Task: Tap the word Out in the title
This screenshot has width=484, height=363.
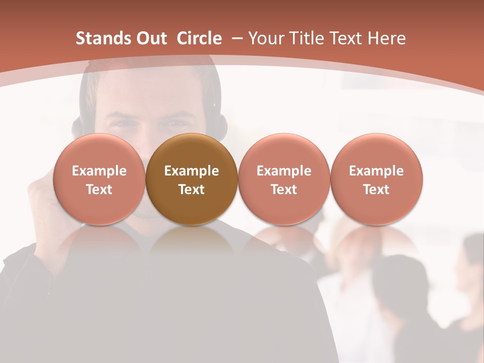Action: [x=150, y=38]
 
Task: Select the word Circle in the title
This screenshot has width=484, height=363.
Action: [x=199, y=38]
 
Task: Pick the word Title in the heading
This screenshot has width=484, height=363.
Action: [x=307, y=38]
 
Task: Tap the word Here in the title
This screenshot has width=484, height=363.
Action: [x=387, y=38]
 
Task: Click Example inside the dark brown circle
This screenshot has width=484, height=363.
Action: [x=192, y=171]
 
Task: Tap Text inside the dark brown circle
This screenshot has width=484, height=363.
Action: [x=192, y=190]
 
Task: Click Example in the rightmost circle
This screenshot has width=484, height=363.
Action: [x=377, y=171]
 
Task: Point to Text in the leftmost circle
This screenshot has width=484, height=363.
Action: [x=99, y=190]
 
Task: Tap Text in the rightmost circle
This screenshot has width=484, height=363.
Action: [x=377, y=190]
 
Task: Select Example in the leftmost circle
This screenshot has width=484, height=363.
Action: [x=99, y=171]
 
